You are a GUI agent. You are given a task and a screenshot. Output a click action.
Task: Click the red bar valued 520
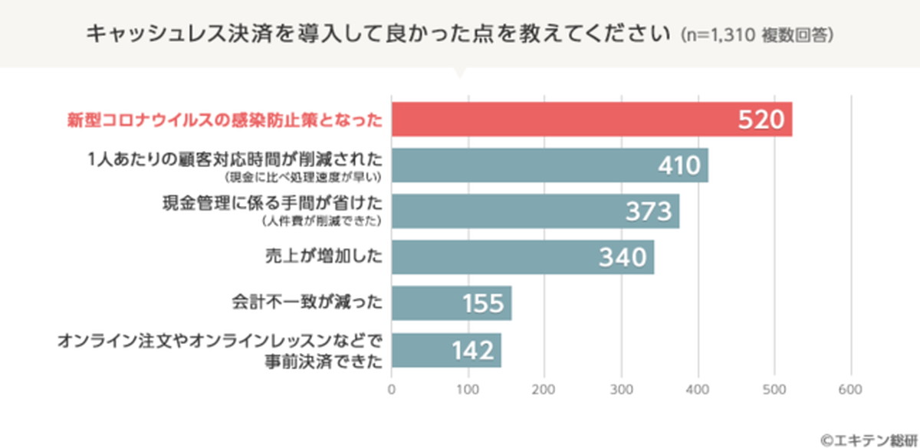590,119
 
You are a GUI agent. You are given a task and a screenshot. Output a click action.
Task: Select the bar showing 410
548,165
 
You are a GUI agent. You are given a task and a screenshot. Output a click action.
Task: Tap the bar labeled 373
534,211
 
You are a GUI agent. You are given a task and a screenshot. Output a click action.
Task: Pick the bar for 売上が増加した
521,257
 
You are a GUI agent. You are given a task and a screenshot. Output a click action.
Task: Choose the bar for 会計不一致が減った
451,303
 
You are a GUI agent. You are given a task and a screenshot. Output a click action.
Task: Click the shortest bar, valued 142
445,350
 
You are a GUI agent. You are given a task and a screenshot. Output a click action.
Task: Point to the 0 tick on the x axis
392,390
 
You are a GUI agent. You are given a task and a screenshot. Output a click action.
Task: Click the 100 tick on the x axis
468,390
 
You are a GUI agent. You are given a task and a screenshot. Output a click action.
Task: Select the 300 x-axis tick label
621,390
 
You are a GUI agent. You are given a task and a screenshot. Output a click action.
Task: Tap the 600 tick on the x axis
850,390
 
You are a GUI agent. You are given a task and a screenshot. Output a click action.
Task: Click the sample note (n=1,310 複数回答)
756,35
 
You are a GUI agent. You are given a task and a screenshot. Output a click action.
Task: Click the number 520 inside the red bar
761,119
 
